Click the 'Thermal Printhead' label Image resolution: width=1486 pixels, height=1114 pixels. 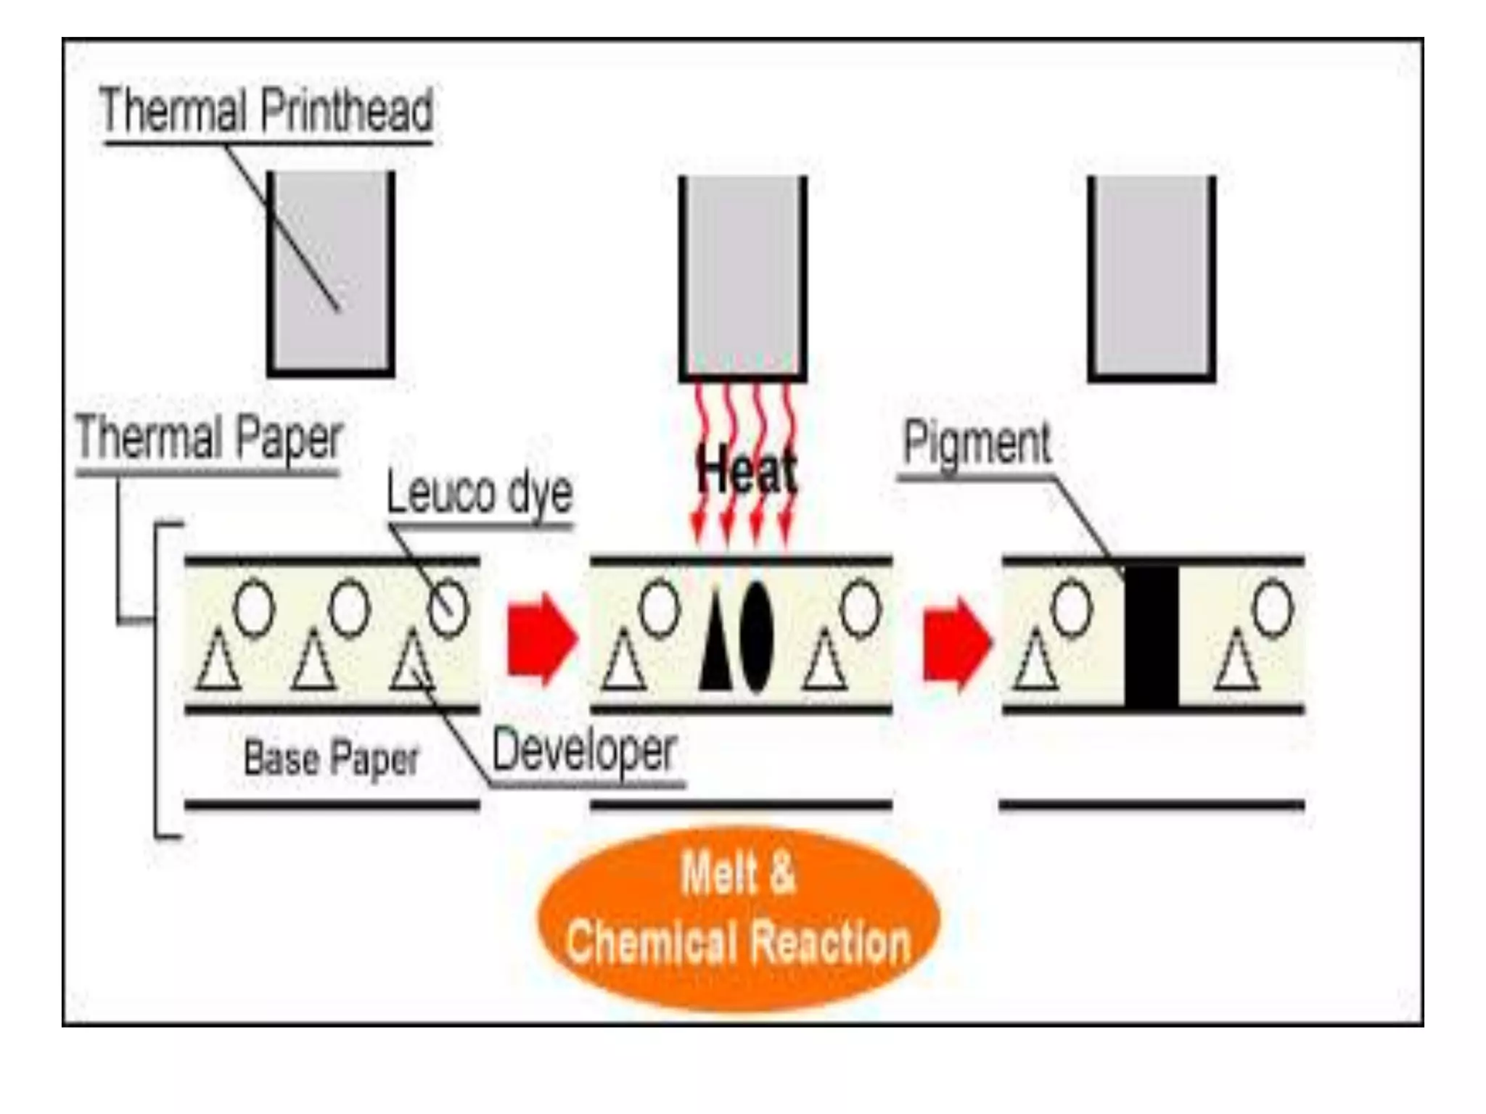266,110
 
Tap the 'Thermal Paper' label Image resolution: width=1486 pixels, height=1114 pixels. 209,438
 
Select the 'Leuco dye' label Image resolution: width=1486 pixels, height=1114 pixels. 479,492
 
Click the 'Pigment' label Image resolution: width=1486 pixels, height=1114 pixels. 977,442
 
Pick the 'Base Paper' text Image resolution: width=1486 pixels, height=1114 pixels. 332,759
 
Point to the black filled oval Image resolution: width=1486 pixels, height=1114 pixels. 757,636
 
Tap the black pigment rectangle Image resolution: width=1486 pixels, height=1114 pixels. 1152,635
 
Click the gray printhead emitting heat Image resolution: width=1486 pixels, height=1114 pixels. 742,277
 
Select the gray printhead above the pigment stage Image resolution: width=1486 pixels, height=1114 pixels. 1152,277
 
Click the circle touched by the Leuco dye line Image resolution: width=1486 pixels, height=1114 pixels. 448,608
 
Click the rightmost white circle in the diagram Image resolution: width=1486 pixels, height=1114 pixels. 1273,608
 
